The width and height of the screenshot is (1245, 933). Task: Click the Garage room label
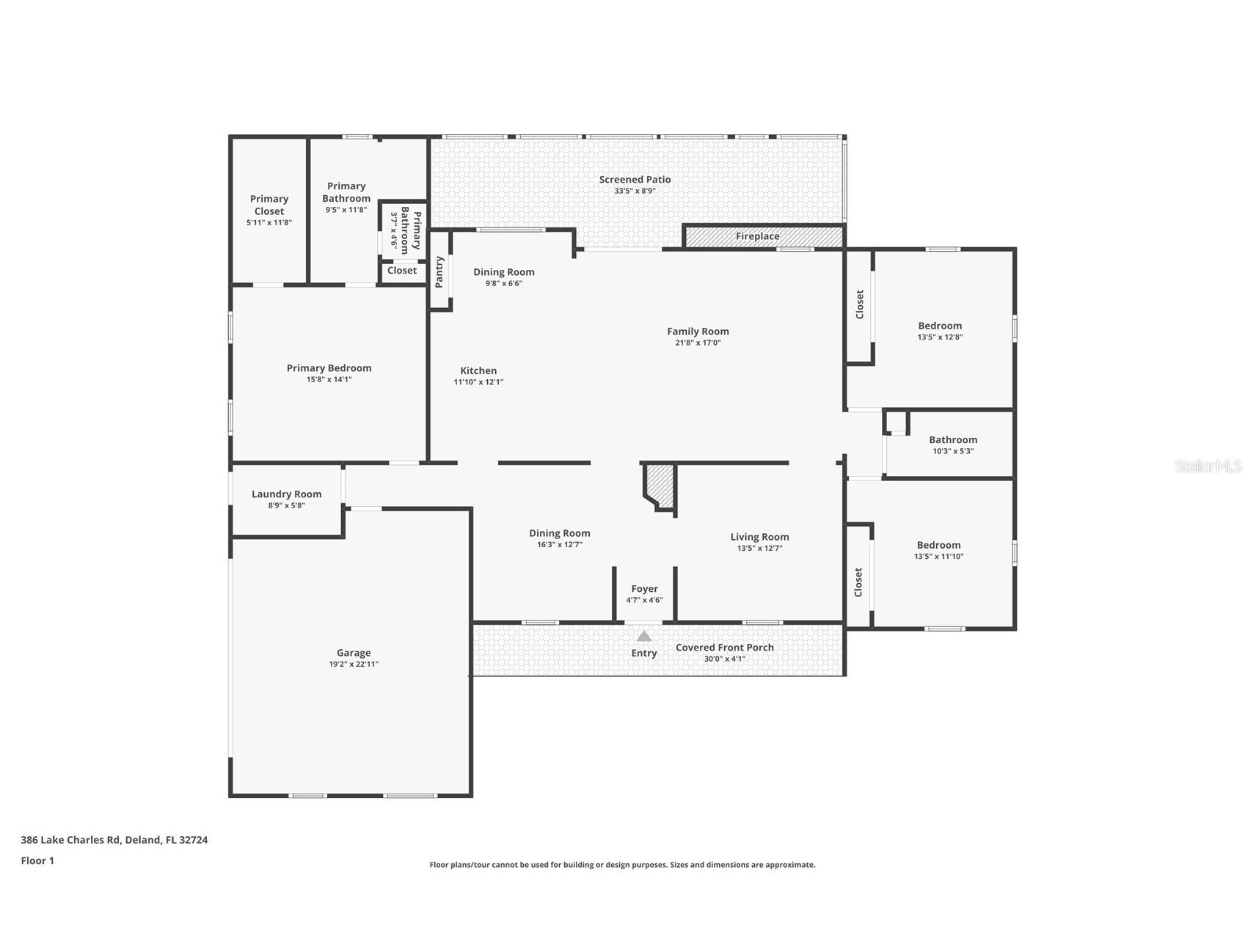pos(354,653)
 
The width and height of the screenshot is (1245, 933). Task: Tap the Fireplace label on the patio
pos(758,236)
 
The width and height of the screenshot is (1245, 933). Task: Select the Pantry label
pos(439,271)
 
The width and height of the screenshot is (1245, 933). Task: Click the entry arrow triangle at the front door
pos(643,636)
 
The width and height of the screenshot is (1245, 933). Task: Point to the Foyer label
pos(645,588)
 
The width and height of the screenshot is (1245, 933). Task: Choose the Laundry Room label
pos(287,494)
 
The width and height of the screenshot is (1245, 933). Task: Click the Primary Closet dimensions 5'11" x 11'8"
pos(269,222)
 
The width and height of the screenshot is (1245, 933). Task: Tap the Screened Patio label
pos(635,179)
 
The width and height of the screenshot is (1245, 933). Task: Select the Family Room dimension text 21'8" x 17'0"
pos(698,343)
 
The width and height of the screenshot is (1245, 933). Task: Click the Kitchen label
pos(478,370)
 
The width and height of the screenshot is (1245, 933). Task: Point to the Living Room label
pos(760,537)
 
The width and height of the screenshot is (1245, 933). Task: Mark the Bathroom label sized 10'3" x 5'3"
pos(953,440)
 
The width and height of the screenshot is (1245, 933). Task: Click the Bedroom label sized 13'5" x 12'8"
pos(940,326)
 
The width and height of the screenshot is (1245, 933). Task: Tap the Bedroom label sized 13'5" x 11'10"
pos(939,545)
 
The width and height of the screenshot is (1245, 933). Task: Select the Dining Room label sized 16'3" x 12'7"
pos(560,533)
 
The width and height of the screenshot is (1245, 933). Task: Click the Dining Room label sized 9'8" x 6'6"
pos(504,272)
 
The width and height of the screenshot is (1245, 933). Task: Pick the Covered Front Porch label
pos(725,648)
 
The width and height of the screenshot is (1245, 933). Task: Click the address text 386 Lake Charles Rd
pos(70,840)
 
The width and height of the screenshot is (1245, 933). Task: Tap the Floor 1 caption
pos(37,861)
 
